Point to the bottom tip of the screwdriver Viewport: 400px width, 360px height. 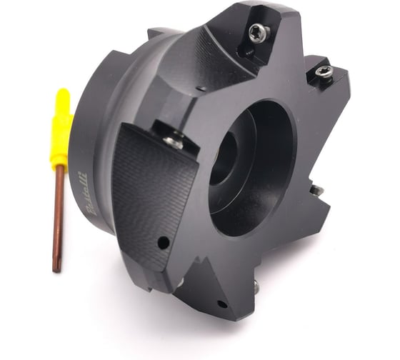tap(56, 269)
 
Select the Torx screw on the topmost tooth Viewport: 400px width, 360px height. tap(257, 31)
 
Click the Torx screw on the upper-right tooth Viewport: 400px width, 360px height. tap(324, 70)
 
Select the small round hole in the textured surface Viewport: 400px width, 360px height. tap(164, 244)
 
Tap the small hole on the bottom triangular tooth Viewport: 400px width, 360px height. tap(221, 304)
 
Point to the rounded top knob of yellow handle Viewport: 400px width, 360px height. tap(63, 94)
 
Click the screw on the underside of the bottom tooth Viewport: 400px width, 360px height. tap(255, 286)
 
